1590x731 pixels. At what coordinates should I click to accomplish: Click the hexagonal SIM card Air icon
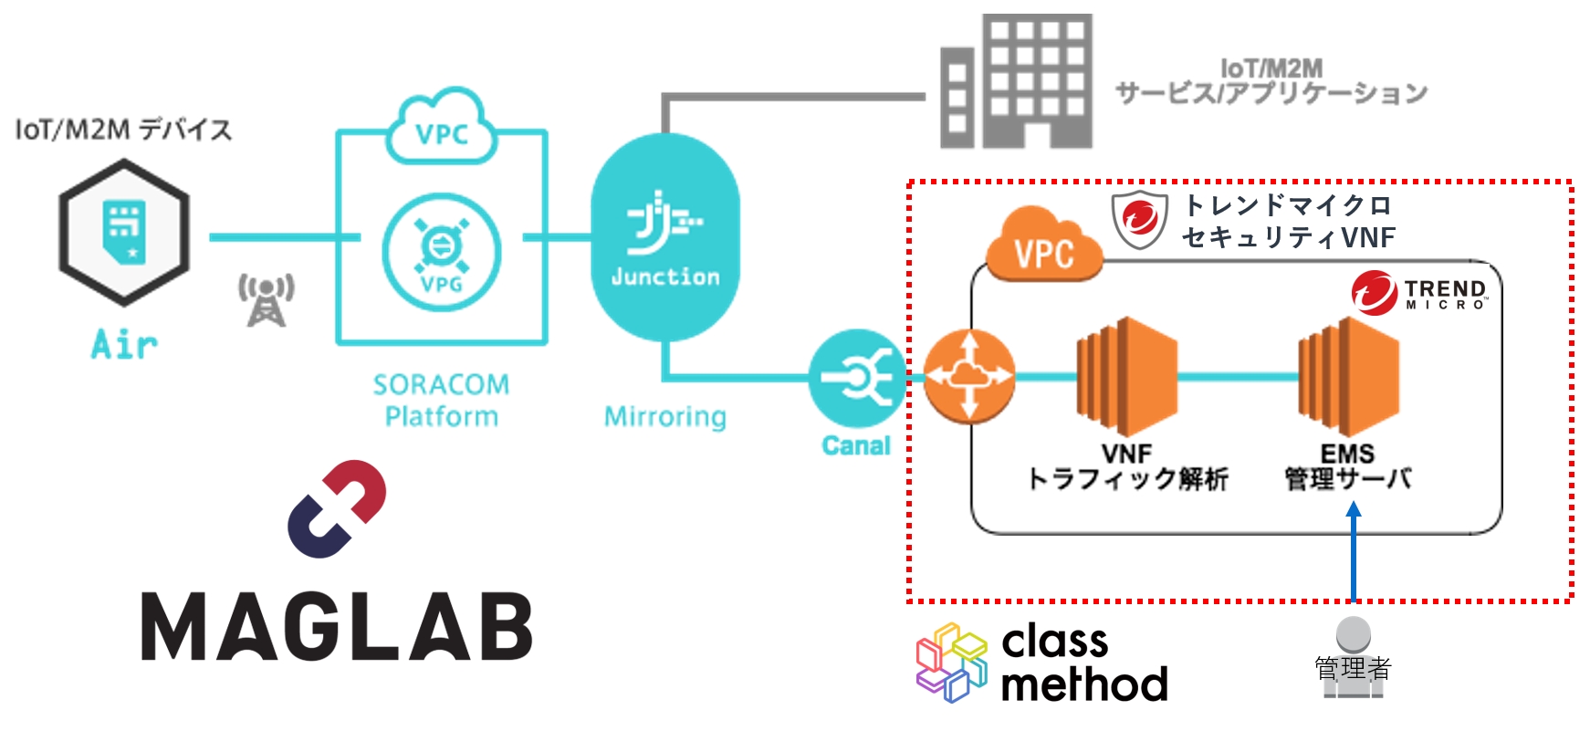[124, 233]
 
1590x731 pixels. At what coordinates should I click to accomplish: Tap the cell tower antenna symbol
[266, 299]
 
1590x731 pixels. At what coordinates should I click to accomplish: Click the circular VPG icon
[442, 252]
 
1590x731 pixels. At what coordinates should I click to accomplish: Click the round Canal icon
[855, 378]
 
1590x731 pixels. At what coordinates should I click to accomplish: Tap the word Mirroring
[664, 416]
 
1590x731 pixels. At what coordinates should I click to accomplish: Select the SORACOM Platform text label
[441, 400]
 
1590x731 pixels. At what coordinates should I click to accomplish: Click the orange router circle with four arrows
[968, 376]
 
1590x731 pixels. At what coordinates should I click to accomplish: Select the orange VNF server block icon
[1126, 376]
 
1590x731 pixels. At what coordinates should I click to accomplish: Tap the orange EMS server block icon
[1348, 376]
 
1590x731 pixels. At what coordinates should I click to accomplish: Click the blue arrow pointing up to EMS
[1354, 552]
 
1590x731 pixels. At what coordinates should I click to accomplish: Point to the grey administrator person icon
[1353, 657]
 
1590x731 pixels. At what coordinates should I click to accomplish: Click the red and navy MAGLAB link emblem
[337, 508]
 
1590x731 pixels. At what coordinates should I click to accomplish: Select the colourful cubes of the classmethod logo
[952, 663]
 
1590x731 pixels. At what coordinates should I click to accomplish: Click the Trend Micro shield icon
[1140, 219]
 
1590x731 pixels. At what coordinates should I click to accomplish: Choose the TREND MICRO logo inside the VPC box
[1419, 293]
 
